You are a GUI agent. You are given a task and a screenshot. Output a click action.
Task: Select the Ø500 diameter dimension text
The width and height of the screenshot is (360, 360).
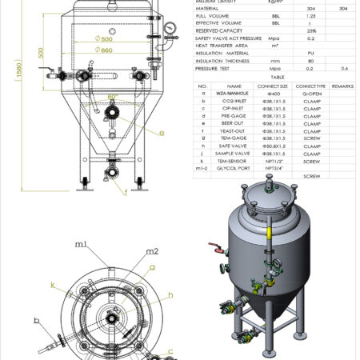(103, 38)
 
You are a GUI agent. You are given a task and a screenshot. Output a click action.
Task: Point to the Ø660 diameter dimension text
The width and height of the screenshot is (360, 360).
(105, 50)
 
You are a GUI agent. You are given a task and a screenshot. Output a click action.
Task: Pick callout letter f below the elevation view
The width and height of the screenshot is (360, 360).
(125, 192)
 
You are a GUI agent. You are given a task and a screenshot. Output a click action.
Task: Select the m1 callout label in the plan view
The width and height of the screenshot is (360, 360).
(81, 243)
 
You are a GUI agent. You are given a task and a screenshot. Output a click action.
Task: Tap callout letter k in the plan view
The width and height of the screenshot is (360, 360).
(52, 283)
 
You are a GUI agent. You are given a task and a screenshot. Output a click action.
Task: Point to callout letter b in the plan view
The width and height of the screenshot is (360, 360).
(37, 320)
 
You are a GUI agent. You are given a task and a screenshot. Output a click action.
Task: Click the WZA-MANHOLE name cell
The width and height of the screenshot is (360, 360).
(234, 93)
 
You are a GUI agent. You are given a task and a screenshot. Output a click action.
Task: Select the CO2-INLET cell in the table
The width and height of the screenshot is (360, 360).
(234, 102)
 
